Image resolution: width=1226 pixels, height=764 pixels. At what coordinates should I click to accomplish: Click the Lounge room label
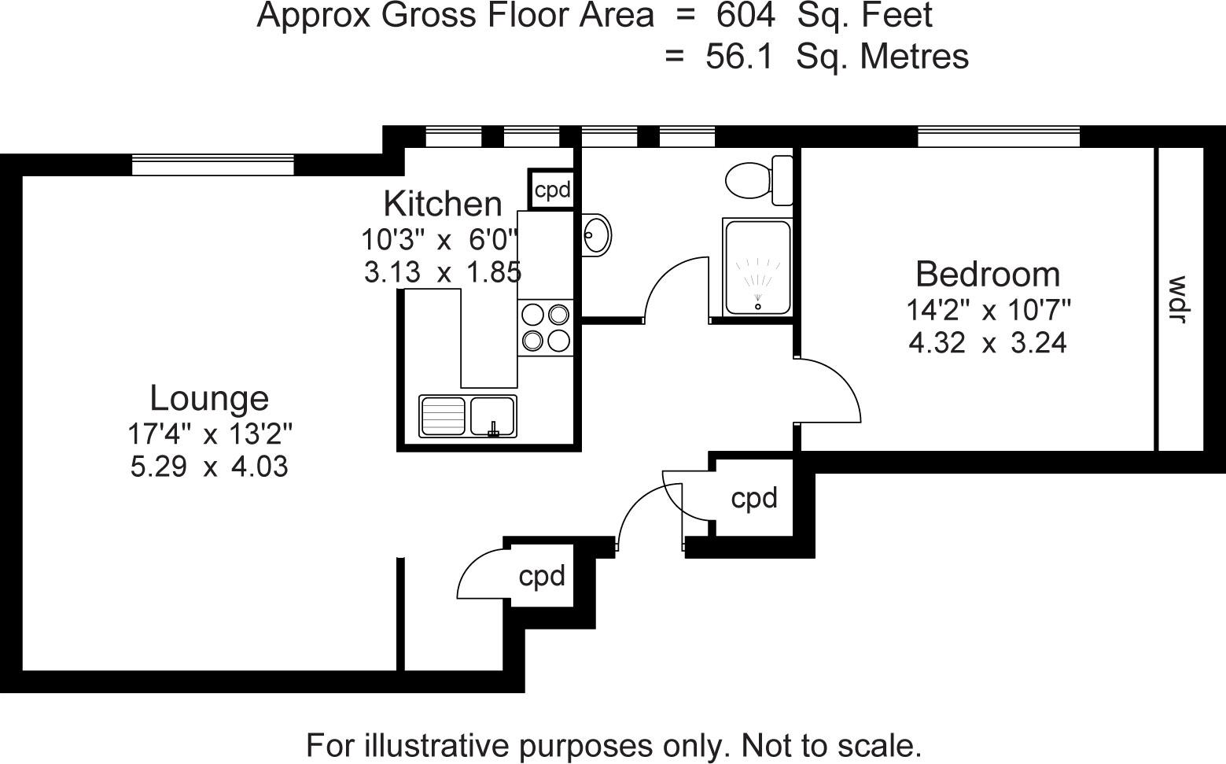tap(209, 398)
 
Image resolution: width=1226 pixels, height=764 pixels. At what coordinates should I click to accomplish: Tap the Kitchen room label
tap(442, 204)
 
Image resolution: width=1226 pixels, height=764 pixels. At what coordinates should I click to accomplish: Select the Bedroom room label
tap(988, 274)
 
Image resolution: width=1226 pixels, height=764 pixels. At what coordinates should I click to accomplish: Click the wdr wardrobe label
tap(1177, 299)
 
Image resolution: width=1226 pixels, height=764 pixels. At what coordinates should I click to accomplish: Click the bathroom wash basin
tap(597, 234)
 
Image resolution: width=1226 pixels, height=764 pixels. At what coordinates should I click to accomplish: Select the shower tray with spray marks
tap(757, 268)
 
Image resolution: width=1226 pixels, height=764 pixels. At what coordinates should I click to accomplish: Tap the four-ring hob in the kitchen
tap(546, 327)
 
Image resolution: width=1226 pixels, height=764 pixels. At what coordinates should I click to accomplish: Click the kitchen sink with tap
tap(493, 415)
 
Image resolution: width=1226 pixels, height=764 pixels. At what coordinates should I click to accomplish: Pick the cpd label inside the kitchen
tap(552, 190)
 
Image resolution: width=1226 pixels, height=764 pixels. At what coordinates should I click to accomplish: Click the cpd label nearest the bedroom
tap(754, 498)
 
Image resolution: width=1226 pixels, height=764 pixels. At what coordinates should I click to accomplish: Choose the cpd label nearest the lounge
tap(542, 576)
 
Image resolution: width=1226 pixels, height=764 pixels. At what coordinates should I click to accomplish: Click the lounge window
tap(212, 164)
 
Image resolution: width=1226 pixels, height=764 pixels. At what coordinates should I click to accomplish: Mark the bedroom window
tap(998, 137)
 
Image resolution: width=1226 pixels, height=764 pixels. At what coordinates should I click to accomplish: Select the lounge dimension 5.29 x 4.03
tap(209, 467)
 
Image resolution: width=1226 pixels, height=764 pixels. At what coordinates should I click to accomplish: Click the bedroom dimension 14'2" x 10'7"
tap(988, 311)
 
